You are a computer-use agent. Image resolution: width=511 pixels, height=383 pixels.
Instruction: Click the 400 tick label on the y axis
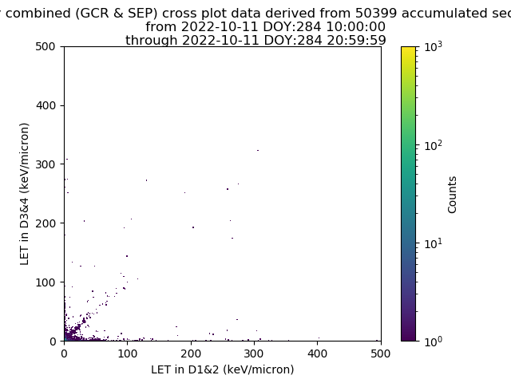tap(46, 105)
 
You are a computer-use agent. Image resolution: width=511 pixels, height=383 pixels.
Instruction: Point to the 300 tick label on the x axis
tap(254, 353)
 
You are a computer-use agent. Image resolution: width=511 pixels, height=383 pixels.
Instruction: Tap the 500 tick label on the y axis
tap(46, 46)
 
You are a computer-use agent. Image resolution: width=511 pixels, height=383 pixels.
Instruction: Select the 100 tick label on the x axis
tap(128, 353)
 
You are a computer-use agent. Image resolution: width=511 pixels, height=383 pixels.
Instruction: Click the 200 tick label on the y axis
tap(46, 223)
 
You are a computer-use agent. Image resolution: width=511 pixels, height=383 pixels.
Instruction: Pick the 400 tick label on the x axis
tap(318, 353)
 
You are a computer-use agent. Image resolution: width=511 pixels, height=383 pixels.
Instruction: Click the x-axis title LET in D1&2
tap(223, 369)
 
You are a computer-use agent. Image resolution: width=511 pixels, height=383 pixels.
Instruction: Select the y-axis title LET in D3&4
tap(25, 194)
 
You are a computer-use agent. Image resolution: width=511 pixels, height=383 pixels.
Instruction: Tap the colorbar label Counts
tap(452, 195)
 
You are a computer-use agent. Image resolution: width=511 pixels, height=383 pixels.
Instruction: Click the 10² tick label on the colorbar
tap(434, 145)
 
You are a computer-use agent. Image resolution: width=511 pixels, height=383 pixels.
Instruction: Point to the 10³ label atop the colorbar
tap(434, 47)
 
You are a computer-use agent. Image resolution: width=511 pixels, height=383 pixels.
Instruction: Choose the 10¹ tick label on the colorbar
tap(434, 243)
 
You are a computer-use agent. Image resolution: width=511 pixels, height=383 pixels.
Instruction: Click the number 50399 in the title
tap(376, 13)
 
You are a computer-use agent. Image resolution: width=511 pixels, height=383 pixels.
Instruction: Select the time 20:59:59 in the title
tap(357, 41)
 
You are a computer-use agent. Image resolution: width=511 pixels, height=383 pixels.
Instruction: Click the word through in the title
tap(152, 41)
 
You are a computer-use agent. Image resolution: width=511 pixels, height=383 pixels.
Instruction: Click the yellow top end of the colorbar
tap(408, 49)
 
